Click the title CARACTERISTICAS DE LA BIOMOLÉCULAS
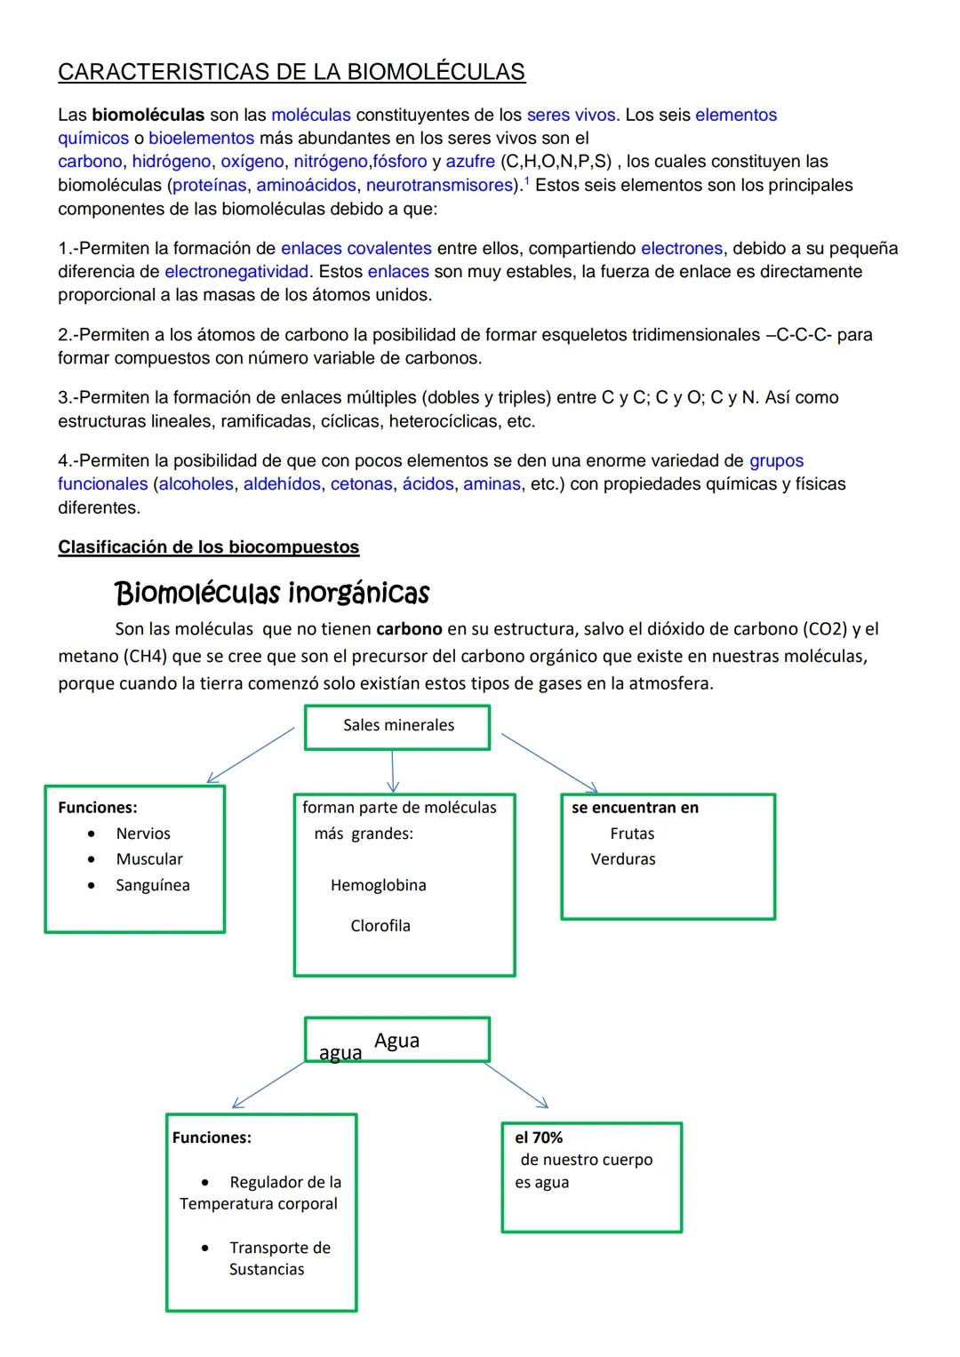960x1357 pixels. point(292,72)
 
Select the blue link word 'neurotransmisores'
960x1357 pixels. point(440,185)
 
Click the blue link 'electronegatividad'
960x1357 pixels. point(236,271)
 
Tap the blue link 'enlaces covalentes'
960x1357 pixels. point(356,248)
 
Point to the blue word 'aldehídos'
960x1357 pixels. point(282,483)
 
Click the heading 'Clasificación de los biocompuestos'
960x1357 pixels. point(208,547)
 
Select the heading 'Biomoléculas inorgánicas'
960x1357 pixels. point(272,592)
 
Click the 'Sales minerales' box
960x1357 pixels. point(397,726)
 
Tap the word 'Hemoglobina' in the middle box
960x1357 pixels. point(378,885)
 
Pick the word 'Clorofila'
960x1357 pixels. point(380,926)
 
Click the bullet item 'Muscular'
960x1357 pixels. point(148,859)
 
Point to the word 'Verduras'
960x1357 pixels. point(623,859)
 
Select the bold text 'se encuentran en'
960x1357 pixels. point(635,808)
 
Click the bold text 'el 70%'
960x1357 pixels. point(539,1137)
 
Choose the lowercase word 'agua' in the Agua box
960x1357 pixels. point(340,1053)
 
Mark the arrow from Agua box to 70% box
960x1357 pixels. point(516,1085)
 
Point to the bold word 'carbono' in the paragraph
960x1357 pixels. point(409,629)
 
